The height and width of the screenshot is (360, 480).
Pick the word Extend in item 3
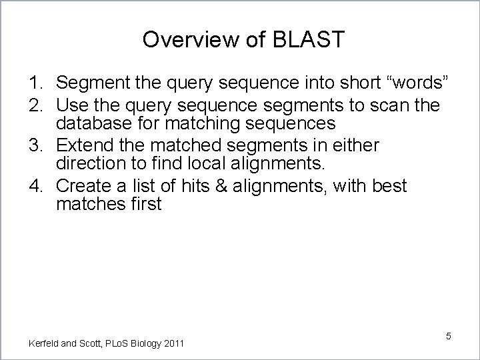point(83,145)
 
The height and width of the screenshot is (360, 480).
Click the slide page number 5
point(449,336)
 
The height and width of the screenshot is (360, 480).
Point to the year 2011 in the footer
point(173,343)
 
